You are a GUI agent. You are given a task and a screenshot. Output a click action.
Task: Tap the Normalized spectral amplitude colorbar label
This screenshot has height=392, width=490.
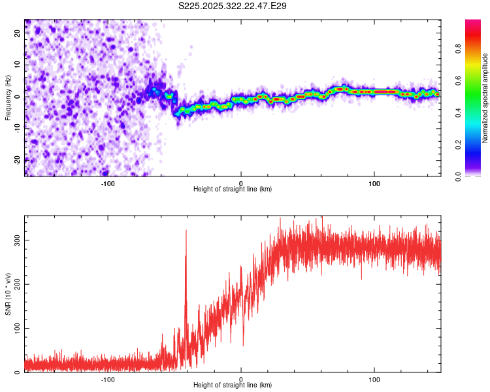(485, 98)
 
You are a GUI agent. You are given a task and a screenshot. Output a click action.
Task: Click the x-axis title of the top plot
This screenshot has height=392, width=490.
(233, 189)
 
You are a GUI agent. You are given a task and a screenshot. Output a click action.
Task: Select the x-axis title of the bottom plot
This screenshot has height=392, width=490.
(233, 385)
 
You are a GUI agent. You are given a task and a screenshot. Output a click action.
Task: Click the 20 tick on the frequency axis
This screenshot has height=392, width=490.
(18, 33)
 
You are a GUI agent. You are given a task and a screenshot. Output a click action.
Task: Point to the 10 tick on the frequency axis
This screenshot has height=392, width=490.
(18, 65)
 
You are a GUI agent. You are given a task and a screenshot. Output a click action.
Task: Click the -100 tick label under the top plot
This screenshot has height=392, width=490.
(108, 182)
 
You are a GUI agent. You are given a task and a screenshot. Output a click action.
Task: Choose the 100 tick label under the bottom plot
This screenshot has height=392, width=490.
(374, 378)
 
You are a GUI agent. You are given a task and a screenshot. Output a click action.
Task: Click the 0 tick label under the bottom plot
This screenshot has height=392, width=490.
(241, 378)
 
